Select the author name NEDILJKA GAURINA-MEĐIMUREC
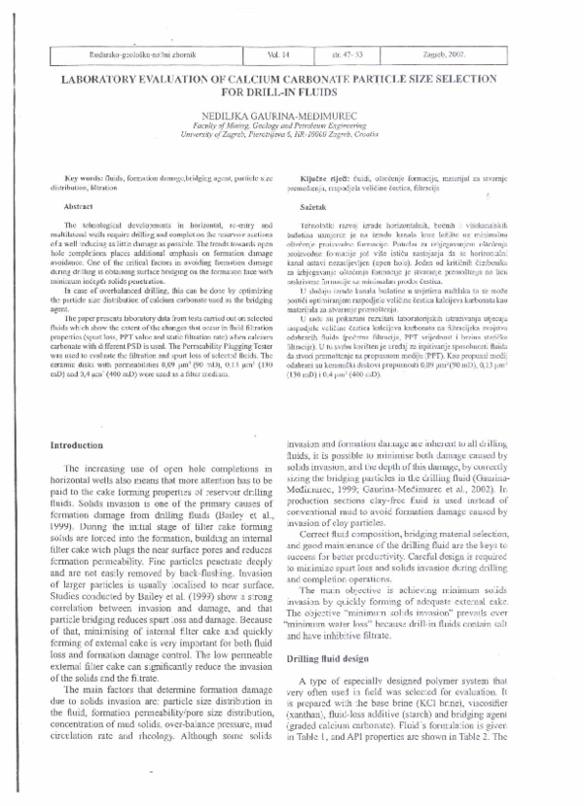coord(291,117)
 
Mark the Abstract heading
coord(77,208)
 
